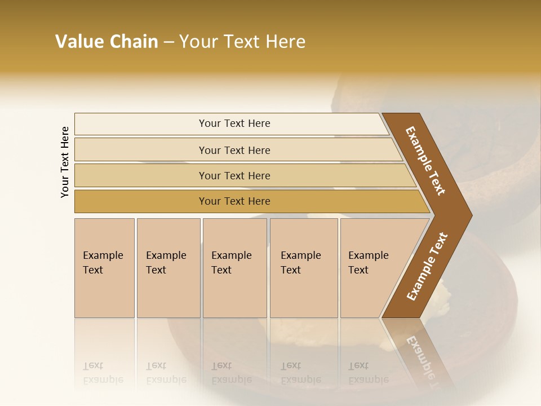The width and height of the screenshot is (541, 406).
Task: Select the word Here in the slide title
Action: click(x=285, y=42)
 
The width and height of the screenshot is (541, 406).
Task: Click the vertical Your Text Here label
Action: click(x=65, y=162)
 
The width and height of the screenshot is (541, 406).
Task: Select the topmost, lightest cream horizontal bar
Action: click(x=234, y=123)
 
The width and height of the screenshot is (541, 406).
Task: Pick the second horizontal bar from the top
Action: click(x=234, y=150)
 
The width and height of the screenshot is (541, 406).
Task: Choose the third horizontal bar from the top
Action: click(x=234, y=175)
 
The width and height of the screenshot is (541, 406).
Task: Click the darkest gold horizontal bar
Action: click(x=234, y=201)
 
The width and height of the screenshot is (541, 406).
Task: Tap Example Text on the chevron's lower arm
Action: click(x=427, y=266)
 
